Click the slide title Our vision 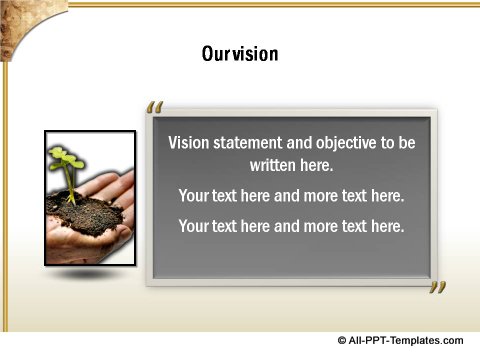click(x=240, y=53)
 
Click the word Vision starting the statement click(x=190, y=143)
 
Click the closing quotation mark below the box click(x=437, y=289)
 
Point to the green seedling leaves click(x=66, y=160)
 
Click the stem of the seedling click(x=71, y=185)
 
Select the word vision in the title click(x=256, y=53)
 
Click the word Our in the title click(x=216, y=53)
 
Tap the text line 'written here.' click(x=291, y=165)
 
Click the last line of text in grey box click(x=291, y=226)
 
